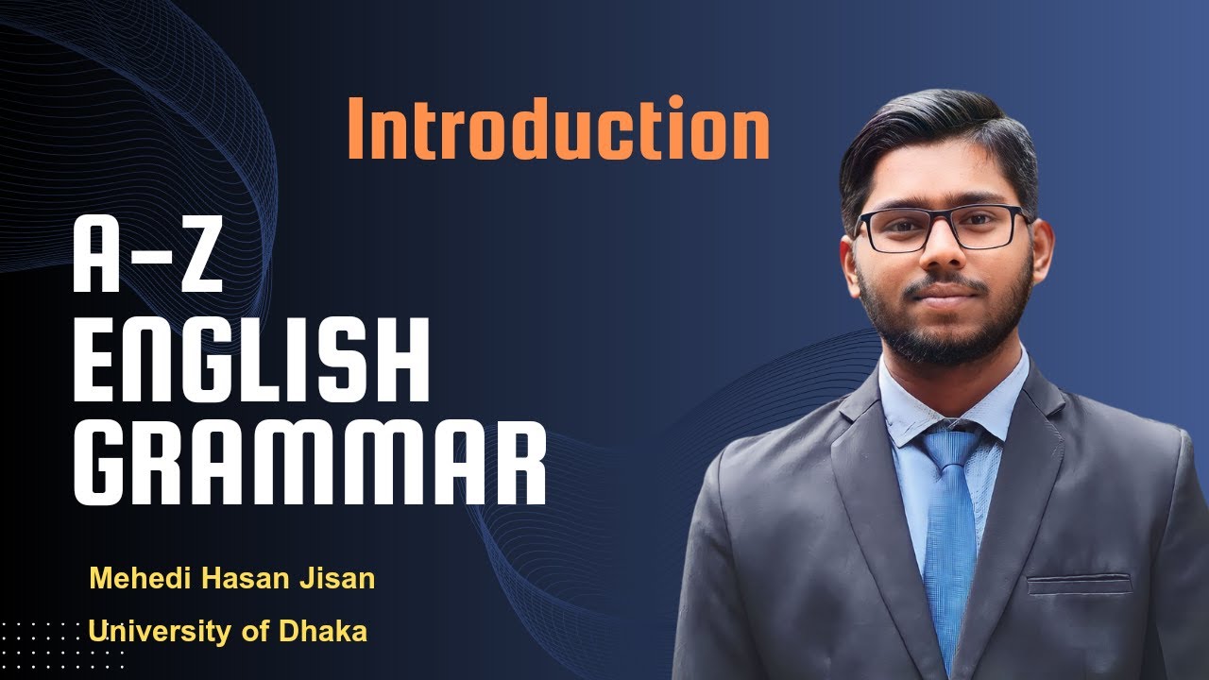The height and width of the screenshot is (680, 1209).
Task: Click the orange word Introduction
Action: (557, 129)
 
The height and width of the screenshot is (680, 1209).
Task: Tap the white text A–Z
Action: (148, 260)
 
